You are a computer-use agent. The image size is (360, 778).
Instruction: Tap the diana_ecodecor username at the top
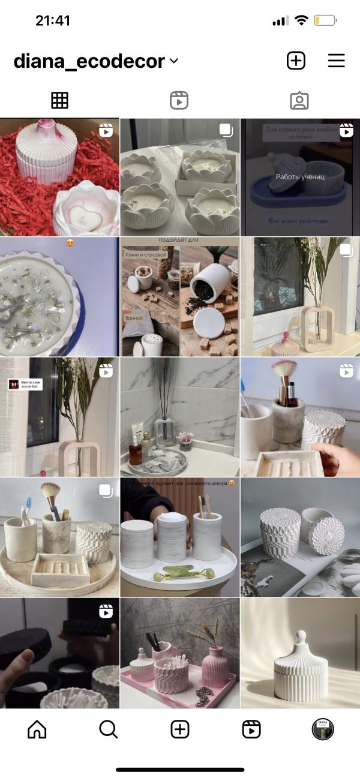point(89,61)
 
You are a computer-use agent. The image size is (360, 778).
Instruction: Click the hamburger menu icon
point(336,61)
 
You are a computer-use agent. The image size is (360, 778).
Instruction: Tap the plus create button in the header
point(296,61)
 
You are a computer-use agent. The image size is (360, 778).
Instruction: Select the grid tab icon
point(60,101)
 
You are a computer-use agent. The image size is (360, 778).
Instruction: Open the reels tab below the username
point(179,101)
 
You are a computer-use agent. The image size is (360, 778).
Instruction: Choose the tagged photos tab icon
point(299,101)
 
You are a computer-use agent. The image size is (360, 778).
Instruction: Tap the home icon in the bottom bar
point(37,729)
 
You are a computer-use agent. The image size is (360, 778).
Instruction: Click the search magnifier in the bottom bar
point(108,729)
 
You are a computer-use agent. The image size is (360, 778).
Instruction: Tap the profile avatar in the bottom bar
point(323,729)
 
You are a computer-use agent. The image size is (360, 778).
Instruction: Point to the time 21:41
point(53,20)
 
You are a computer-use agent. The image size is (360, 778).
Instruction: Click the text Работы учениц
point(300,177)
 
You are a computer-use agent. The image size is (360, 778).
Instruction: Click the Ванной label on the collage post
point(134,317)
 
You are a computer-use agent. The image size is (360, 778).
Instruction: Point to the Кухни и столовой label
point(149,256)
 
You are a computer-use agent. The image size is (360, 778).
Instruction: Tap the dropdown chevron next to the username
point(174,61)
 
